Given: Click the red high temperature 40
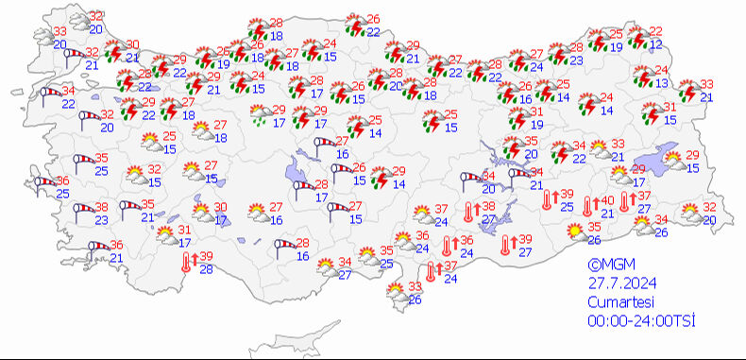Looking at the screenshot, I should pyautogui.click(x=607, y=199).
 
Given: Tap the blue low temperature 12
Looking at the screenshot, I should pyautogui.click(x=656, y=45).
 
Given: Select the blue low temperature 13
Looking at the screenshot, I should pyautogui.click(x=661, y=83).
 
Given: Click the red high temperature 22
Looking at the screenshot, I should pyautogui.click(x=655, y=31).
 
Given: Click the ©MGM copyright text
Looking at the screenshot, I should pyautogui.click(x=606, y=266).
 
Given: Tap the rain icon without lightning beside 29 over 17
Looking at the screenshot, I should pyautogui.click(x=260, y=115).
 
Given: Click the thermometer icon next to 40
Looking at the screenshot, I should pyautogui.click(x=589, y=205).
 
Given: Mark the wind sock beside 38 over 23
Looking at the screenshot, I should pyautogui.click(x=79, y=213).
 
